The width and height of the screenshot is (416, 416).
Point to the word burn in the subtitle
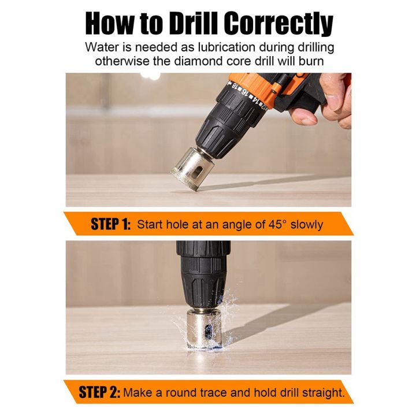(321, 61)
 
